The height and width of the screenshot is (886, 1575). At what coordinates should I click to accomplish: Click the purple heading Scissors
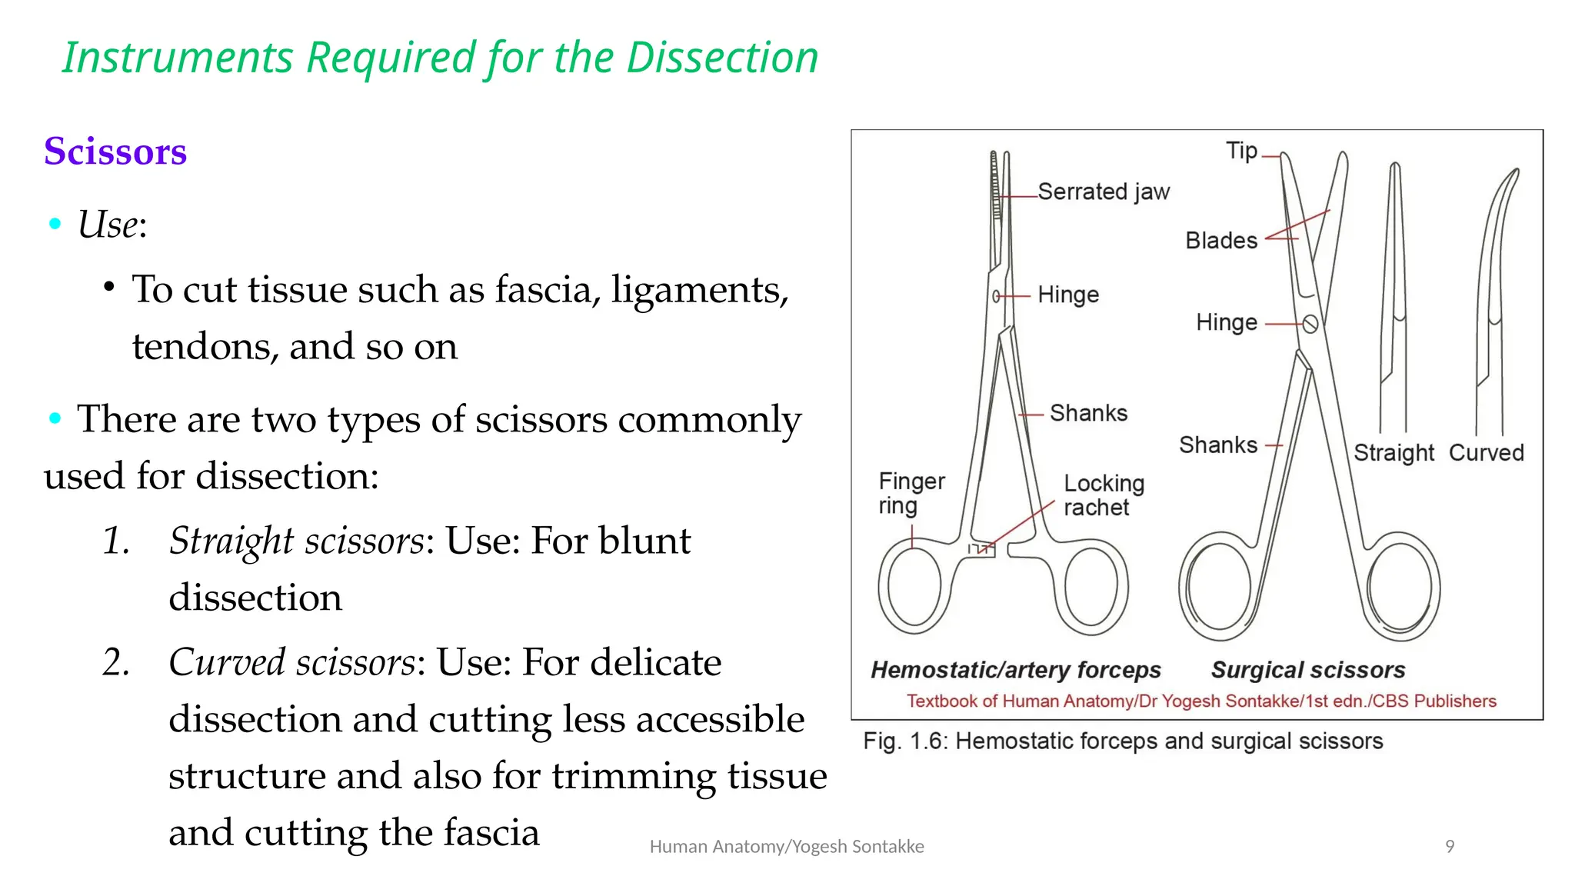115,152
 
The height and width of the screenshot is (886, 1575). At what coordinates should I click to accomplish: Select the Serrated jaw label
1103,192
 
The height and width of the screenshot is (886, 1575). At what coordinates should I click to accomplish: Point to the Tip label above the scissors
1241,151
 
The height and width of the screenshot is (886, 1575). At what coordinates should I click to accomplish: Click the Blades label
1220,241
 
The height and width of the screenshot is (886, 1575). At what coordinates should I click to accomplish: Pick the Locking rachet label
1103,495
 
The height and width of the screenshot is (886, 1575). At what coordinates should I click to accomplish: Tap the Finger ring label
911,493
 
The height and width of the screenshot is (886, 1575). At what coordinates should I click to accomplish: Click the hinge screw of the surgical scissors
1310,324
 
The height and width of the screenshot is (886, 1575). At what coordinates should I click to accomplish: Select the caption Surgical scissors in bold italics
1307,670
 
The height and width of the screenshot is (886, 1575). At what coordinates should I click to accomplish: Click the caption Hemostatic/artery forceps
1015,670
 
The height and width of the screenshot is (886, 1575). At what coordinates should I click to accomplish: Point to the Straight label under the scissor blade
1394,453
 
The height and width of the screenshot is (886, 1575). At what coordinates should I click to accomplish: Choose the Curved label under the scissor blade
1486,453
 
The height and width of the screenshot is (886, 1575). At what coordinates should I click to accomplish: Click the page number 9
1450,847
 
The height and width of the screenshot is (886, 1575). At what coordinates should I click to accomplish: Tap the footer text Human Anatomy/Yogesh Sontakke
786,847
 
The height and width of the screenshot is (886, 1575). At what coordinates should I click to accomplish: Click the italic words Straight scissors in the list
296,541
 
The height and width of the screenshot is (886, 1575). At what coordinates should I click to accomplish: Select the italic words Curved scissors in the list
291,662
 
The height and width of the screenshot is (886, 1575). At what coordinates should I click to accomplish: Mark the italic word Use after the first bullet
108,225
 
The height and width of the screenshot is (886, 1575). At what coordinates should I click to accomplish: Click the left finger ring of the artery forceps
911,586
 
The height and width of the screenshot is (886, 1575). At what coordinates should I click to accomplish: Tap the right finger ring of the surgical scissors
1400,587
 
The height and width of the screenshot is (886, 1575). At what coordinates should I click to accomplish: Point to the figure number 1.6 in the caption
925,741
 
